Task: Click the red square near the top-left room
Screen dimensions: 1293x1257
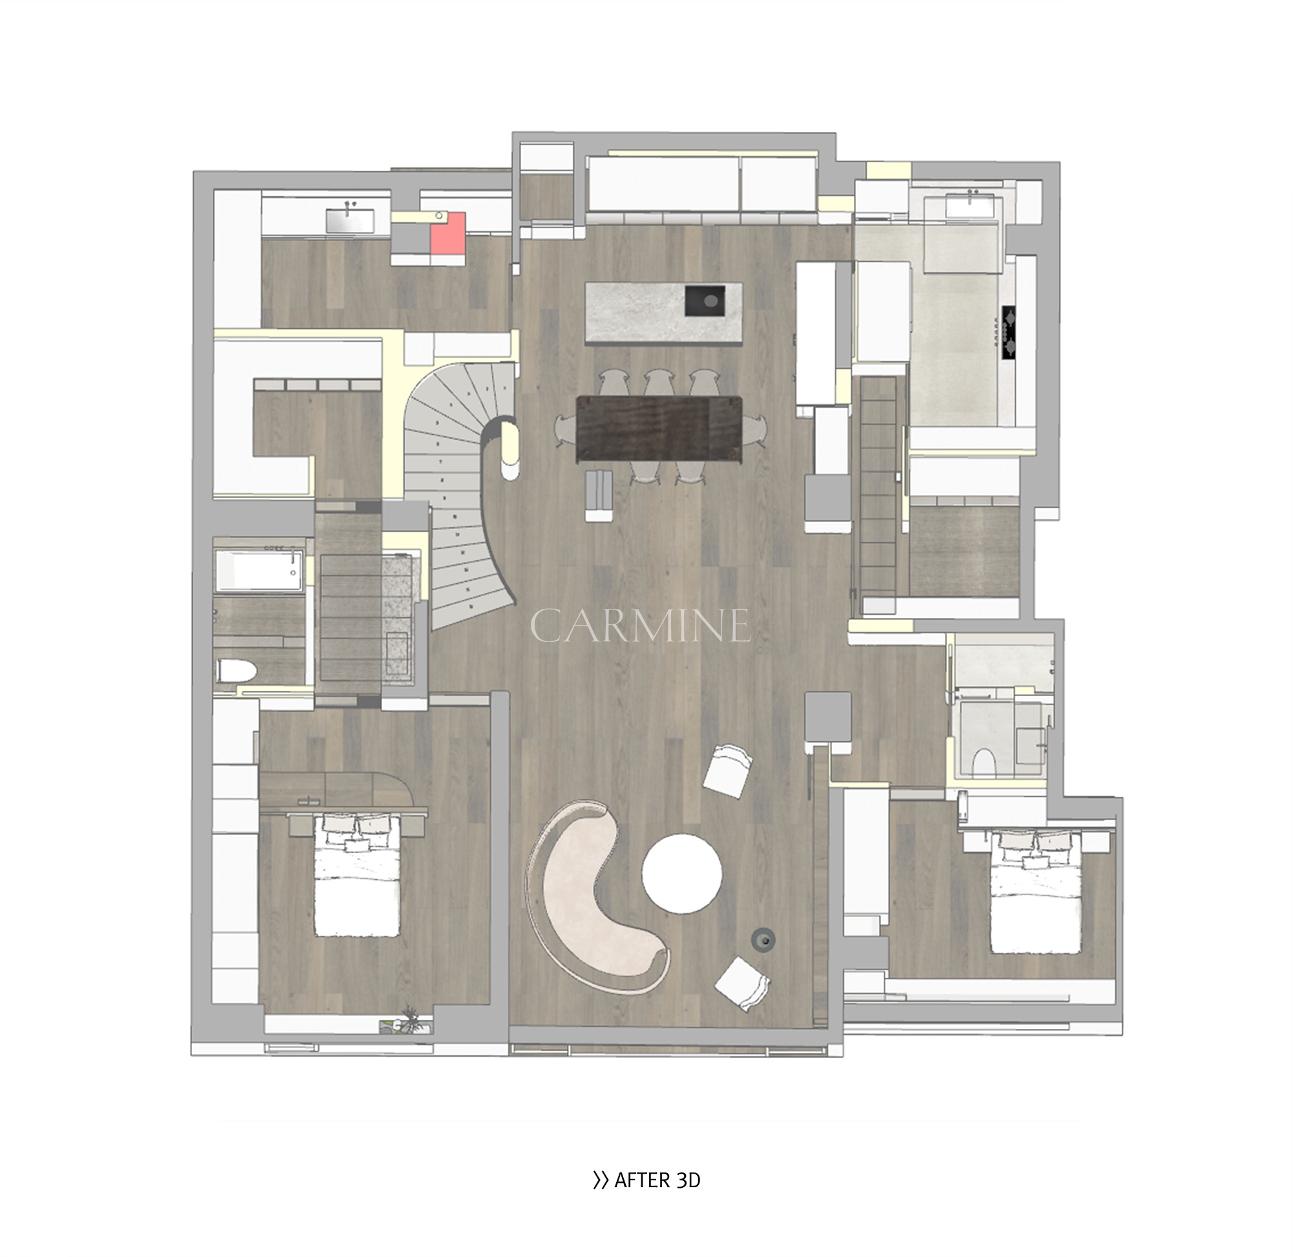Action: click(448, 233)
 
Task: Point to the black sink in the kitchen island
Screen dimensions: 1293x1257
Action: click(706, 301)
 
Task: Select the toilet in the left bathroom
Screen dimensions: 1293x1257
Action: click(236, 671)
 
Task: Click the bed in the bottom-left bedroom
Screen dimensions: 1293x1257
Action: click(357, 876)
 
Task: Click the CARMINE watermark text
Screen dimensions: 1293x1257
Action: click(641, 626)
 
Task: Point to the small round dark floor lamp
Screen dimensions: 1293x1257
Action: click(764, 940)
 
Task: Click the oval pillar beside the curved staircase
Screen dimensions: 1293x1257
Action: click(510, 452)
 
